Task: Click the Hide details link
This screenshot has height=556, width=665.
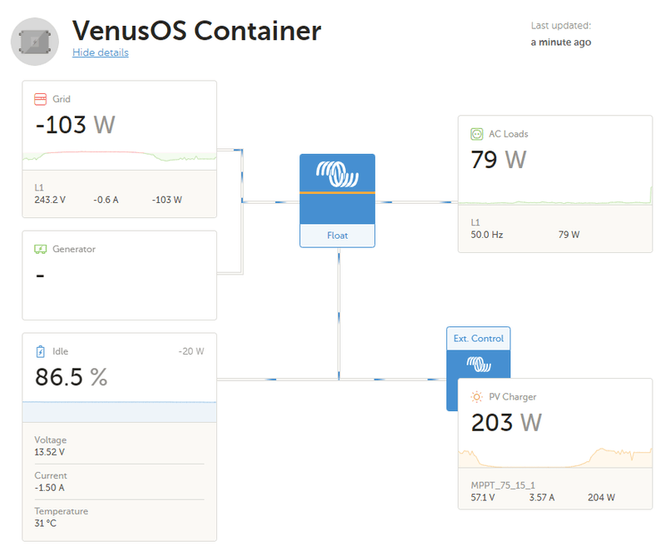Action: pyautogui.click(x=101, y=52)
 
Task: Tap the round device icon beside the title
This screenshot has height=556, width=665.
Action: pyautogui.click(x=35, y=42)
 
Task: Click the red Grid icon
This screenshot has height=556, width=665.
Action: pyautogui.click(x=40, y=99)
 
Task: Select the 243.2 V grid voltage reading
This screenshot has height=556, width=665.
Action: pyautogui.click(x=50, y=200)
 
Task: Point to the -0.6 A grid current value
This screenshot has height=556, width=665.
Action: pyautogui.click(x=106, y=200)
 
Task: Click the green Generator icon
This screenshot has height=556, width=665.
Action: pyautogui.click(x=40, y=249)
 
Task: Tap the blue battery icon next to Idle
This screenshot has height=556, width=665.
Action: pyautogui.click(x=40, y=351)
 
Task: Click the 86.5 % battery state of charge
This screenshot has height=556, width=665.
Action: pyautogui.click(x=71, y=377)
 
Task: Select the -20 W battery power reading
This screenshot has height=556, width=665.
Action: pyautogui.click(x=191, y=351)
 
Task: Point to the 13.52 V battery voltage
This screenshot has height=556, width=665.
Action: pyautogui.click(x=50, y=452)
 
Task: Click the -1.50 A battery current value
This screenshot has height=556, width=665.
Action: pyautogui.click(x=50, y=488)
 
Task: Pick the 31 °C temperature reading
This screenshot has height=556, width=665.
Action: pyautogui.click(x=46, y=524)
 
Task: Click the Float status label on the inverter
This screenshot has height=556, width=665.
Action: pyautogui.click(x=337, y=236)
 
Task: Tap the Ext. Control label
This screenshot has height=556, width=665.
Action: pyautogui.click(x=479, y=339)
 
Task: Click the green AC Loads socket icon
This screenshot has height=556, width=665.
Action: pyautogui.click(x=476, y=134)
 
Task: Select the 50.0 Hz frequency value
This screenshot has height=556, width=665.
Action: pyautogui.click(x=487, y=235)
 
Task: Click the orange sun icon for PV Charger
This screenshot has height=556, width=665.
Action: pyautogui.click(x=476, y=397)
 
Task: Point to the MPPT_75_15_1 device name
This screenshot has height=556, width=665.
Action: pyautogui.click(x=503, y=485)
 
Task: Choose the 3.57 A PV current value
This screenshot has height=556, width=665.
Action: pyautogui.click(x=542, y=498)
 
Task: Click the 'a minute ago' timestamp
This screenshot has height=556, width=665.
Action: pyautogui.click(x=560, y=42)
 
